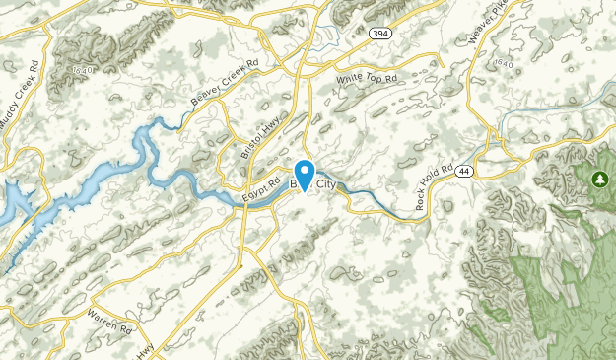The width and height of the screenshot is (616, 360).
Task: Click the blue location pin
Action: click(305, 174)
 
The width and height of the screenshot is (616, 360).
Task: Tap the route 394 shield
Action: click(379, 35)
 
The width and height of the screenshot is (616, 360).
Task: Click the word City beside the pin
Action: click(331, 183)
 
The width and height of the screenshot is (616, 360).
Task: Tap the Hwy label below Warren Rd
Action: click(145, 349)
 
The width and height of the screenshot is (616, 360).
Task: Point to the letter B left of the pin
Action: click(294, 183)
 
